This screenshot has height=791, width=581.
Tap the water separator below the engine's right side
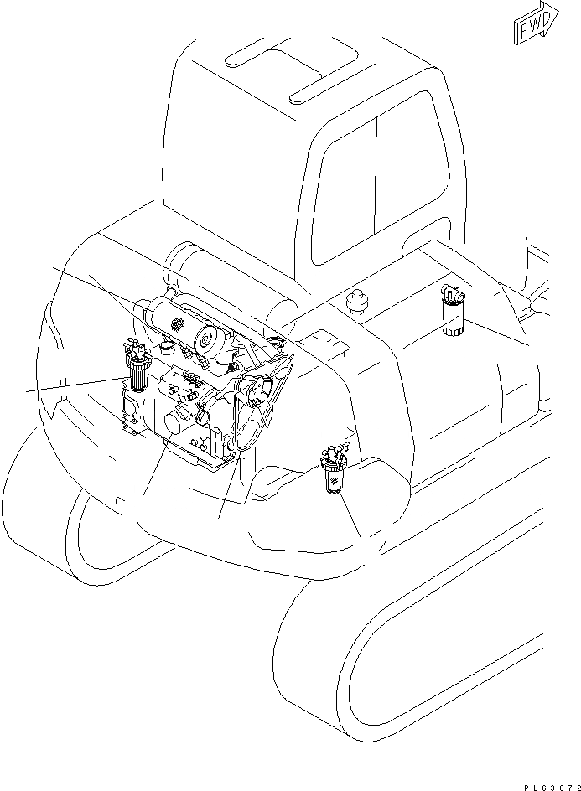333,474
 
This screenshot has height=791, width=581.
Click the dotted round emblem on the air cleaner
177,323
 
